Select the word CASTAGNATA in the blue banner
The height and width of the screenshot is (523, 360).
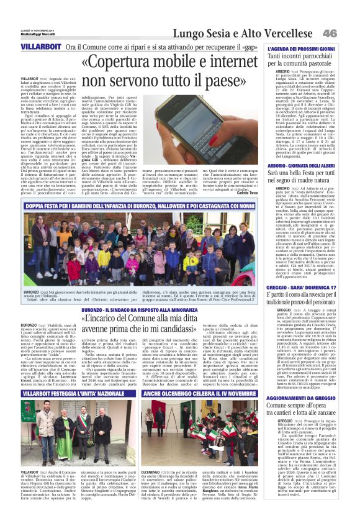point(215,204)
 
